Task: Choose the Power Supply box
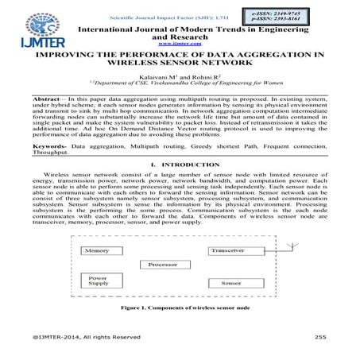[99, 282]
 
